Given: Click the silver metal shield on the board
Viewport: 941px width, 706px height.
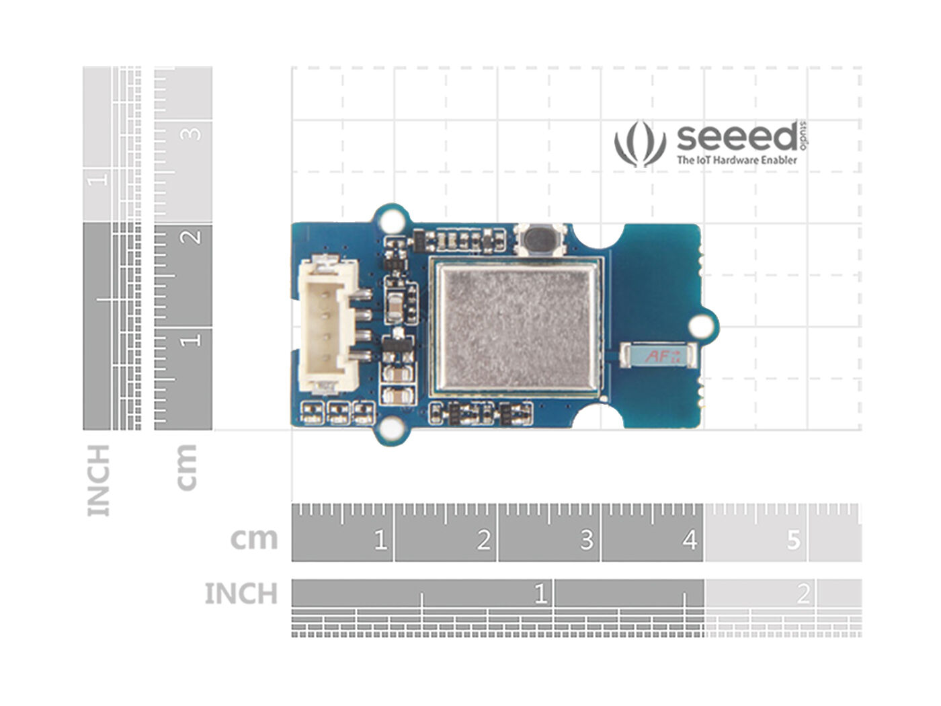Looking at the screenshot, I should [516, 327].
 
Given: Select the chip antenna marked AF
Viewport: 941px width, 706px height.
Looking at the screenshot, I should [657, 356].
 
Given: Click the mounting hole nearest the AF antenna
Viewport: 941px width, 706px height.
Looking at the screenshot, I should [702, 326].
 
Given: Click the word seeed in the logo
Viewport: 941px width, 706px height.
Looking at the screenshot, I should [736, 138].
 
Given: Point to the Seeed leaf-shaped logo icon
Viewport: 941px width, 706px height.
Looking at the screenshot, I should [639, 143].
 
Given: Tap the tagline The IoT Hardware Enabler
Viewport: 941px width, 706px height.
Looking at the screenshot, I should [737, 160].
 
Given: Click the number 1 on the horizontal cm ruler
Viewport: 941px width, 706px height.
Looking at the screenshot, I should [380, 539].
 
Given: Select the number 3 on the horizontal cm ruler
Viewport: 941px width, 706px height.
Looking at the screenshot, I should [587, 539].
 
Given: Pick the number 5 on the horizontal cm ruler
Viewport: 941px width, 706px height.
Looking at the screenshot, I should [794, 539].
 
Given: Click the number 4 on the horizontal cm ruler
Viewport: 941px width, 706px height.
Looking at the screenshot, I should [690, 539].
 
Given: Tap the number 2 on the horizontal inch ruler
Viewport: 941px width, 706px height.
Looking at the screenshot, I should [803, 594].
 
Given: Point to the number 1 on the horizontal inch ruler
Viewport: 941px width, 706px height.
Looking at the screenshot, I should [540, 594].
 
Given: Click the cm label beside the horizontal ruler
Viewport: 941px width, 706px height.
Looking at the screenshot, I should [253, 539].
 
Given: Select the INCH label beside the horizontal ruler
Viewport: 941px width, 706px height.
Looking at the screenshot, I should [241, 594].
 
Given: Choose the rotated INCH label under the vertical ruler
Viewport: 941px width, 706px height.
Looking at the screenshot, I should [98, 480].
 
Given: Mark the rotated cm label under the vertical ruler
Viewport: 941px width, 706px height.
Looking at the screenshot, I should [186, 467].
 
